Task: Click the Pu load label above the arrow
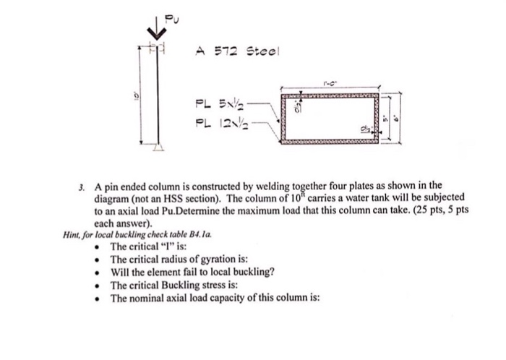pyautogui.click(x=171, y=15)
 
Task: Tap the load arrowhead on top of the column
pyautogui.click(x=153, y=33)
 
